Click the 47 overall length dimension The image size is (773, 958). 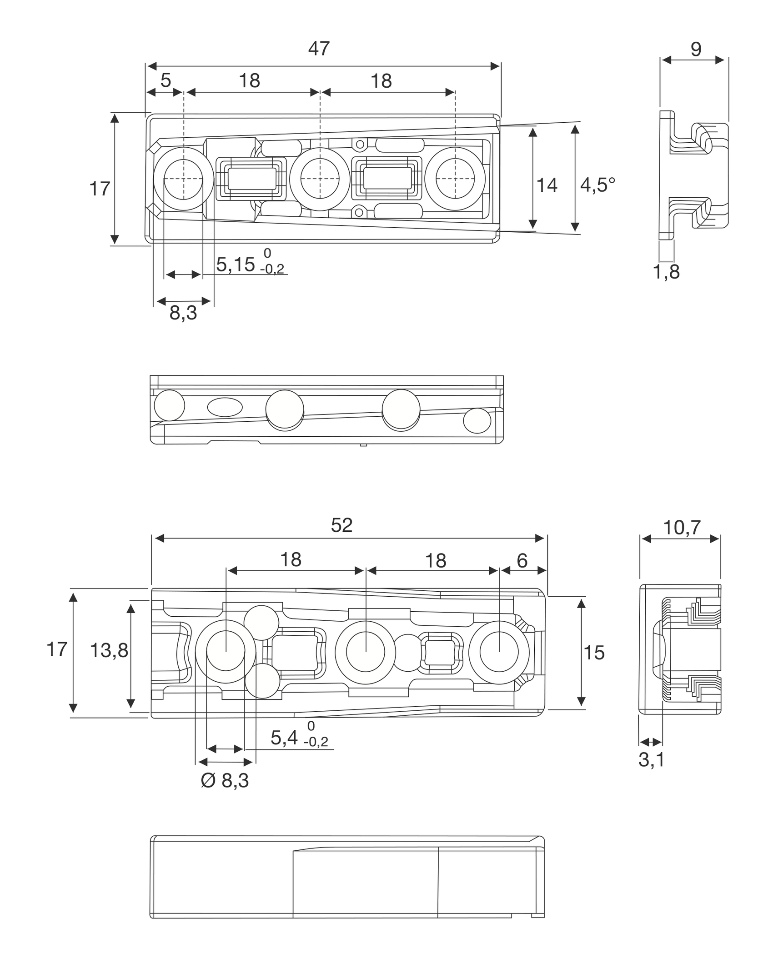[319, 49]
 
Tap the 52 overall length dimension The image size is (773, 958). [341, 525]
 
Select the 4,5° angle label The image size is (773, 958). [597, 185]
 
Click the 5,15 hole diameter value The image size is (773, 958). [235, 264]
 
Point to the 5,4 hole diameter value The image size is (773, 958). [284, 738]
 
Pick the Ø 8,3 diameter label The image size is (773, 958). [225, 780]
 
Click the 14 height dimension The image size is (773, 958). [547, 185]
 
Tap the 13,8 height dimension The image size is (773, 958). [109, 651]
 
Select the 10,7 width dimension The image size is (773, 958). [682, 528]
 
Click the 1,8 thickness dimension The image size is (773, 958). [666, 272]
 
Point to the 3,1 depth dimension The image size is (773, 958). [651, 760]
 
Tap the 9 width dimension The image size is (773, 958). [696, 49]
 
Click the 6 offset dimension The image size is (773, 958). [522, 561]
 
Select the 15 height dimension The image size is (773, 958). [594, 653]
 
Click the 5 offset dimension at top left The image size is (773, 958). [166, 80]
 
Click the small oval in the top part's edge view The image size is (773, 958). [225, 407]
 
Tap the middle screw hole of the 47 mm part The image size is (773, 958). [320, 179]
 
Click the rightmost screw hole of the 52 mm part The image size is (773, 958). [499, 652]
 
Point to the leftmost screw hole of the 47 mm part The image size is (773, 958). [183, 179]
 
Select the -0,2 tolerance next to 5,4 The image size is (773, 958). [316, 742]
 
